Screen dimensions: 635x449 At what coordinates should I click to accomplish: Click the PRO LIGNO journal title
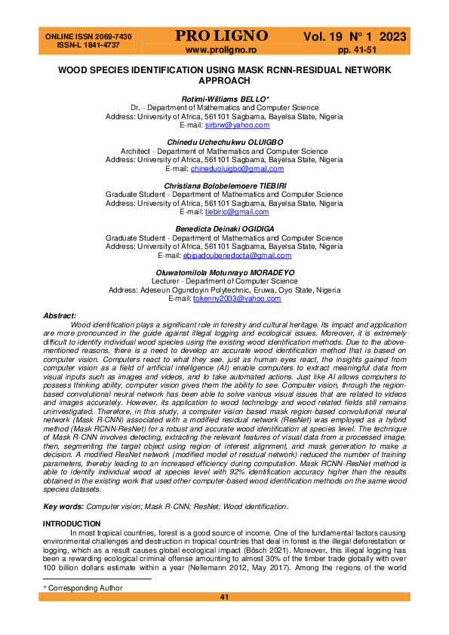221,36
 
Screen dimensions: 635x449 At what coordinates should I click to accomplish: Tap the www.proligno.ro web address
222,50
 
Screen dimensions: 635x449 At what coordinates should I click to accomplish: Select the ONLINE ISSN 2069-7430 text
89,36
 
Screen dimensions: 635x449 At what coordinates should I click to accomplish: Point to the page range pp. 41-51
356,50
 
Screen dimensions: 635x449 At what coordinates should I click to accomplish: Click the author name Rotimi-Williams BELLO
223,100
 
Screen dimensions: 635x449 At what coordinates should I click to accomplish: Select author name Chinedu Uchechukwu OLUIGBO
223,142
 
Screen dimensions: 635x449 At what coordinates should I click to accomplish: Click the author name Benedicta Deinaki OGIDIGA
223,229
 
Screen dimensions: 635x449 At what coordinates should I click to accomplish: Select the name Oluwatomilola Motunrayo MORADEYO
223,272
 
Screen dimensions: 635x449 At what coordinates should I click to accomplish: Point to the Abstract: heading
60,315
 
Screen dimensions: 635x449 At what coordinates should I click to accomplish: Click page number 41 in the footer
224,597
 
